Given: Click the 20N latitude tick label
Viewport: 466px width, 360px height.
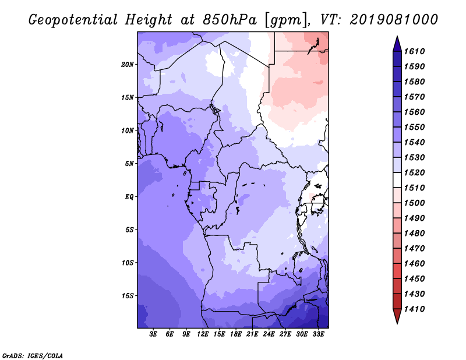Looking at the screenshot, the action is click(x=128, y=65).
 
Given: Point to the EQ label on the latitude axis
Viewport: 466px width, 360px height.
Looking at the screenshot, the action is click(x=129, y=197).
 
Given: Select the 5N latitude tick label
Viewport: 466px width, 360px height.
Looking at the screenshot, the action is click(x=129, y=164).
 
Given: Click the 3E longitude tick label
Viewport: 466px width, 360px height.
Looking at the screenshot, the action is click(x=153, y=334).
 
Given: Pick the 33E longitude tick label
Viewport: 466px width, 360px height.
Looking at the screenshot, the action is click(x=318, y=334).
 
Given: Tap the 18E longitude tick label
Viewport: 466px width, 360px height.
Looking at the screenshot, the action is click(x=236, y=334).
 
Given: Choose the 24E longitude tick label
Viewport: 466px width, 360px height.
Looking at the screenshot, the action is click(x=269, y=334).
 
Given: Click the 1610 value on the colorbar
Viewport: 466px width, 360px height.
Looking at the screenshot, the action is click(x=414, y=51).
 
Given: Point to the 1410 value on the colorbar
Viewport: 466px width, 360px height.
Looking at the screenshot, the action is click(x=414, y=309).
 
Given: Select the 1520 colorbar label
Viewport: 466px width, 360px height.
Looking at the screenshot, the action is click(x=414, y=172).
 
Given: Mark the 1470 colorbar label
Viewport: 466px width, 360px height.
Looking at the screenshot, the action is click(x=414, y=249).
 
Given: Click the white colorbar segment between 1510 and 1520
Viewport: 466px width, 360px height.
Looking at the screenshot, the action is click(x=397, y=180).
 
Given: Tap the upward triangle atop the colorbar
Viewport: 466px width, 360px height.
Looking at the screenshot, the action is click(x=397, y=44).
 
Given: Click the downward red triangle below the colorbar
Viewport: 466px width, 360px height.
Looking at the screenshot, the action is click(x=397, y=316).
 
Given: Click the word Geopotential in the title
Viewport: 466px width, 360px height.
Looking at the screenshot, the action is click(x=73, y=20).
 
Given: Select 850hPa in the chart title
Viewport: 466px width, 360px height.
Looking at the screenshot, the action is click(x=230, y=20).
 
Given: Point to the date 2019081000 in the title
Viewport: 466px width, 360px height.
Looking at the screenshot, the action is click(x=394, y=20).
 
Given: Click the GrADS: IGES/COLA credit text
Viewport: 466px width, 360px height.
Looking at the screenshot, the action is click(x=33, y=356).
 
